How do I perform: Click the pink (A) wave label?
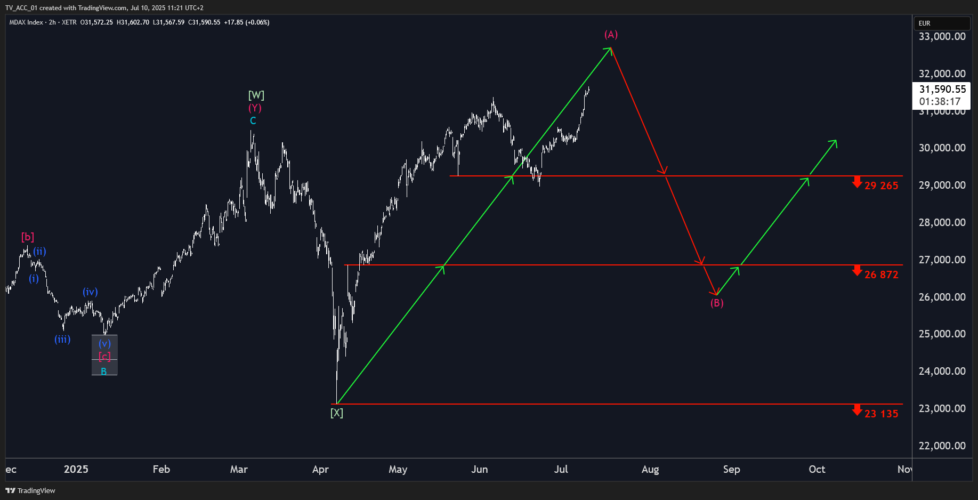(611, 35)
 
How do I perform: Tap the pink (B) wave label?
(717, 303)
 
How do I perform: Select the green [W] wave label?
(256, 95)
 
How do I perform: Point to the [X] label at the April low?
(337, 413)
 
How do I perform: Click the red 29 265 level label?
(881, 186)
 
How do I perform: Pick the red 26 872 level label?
(881, 275)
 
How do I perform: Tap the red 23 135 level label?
(881, 414)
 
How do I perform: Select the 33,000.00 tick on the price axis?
(942, 36)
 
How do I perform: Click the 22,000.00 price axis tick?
(942, 446)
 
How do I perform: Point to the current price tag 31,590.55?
(942, 89)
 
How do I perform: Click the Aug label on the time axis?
(650, 469)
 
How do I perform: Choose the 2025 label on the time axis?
(76, 469)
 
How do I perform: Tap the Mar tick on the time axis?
(239, 469)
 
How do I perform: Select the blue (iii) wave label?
(62, 339)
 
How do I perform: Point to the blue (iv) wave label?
(90, 292)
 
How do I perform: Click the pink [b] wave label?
(28, 237)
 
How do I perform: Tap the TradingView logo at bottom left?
(30, 490)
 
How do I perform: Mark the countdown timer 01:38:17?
(940, 101)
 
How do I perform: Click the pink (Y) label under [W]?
(255, 108)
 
